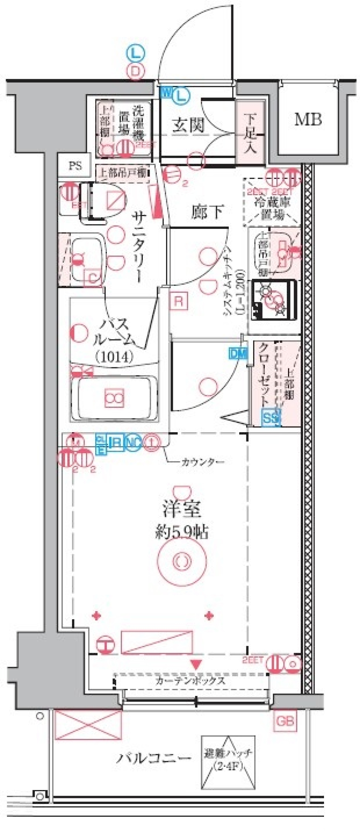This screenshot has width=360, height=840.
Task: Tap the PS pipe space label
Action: (x=75, y=165)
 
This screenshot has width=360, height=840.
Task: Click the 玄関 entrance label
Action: (x=188, y=126)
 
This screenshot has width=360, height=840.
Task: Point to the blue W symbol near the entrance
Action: (x=166, y=92)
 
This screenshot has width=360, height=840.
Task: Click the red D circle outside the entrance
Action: (x=135, y=71)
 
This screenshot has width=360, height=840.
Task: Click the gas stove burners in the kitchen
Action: (x=274, y=300)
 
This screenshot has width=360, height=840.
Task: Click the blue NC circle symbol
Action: (x=133, y=442)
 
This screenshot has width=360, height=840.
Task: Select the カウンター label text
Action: (x=202, y=462)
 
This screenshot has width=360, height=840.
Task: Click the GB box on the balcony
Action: (x=285, y=721)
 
